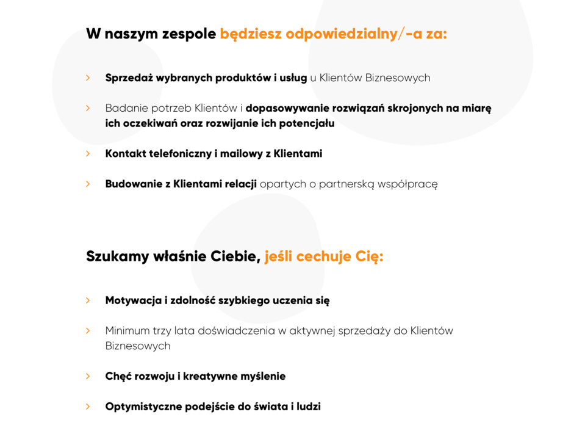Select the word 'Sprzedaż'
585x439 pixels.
coord(127,78)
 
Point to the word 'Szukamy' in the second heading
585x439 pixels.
coord(117,256)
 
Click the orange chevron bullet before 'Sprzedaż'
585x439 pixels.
coord(88,78)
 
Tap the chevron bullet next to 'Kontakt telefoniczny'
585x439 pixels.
coord(88,154)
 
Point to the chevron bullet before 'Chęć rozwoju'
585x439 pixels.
coord(88,376)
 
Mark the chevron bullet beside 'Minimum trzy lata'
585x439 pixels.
coord(88,330)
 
